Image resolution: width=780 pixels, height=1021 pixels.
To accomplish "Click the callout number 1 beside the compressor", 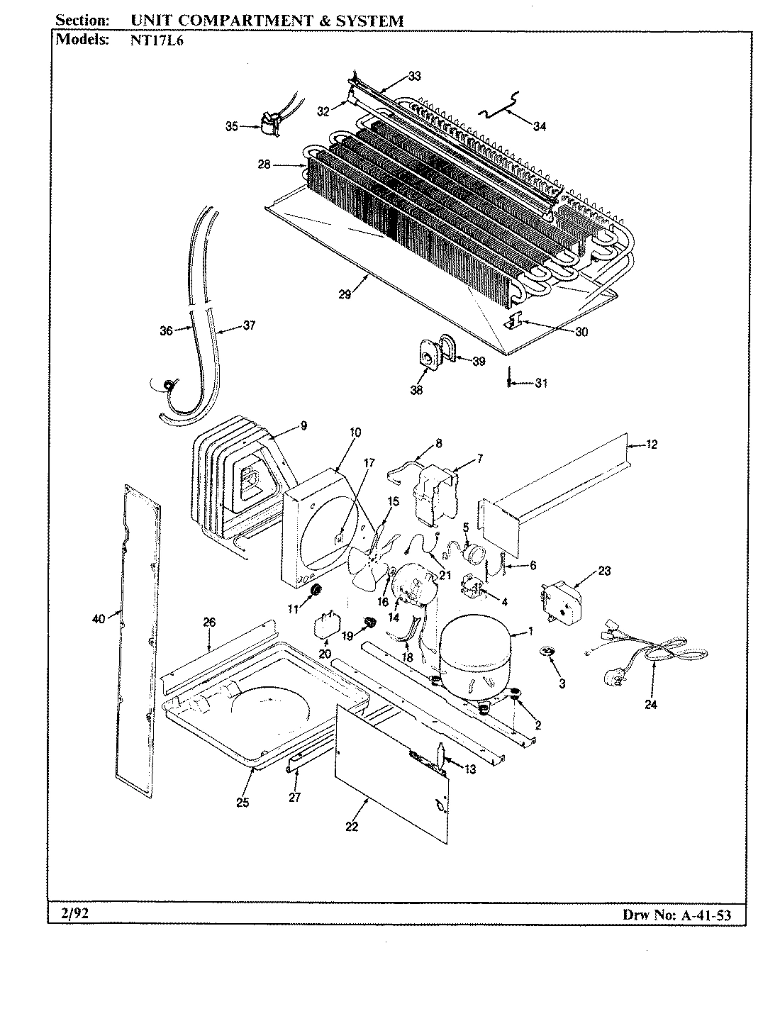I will click(x=531, y=632).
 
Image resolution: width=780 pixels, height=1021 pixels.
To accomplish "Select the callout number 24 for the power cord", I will click(x=651, y=704).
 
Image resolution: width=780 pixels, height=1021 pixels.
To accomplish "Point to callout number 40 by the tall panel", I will click(x=98, y=619).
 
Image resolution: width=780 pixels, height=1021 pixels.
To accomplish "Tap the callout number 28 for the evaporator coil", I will click(x=264, y=164).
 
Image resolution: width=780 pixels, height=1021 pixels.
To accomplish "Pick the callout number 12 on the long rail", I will click(x=652, y=445).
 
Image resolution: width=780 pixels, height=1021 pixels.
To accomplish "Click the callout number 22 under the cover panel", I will click(x=352, y=826).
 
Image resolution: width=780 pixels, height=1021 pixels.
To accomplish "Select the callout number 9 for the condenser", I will click(x=303, y=426).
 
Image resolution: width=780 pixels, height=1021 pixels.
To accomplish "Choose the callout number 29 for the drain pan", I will click(x=345, y=294).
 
